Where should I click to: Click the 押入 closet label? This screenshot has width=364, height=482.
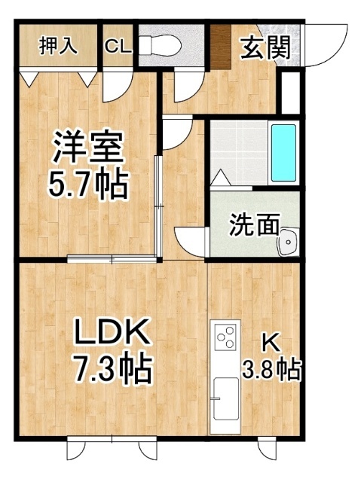58,47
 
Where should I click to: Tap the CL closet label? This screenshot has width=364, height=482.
118,47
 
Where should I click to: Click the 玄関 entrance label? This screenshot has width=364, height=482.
265,47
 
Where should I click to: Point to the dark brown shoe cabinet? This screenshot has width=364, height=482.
221,47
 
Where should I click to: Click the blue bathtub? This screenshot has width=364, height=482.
283,153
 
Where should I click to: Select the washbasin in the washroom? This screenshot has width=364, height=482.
288,242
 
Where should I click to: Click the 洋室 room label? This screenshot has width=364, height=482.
88,146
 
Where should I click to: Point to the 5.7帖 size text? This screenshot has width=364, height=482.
88,185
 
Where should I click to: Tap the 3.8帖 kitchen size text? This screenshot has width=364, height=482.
271,370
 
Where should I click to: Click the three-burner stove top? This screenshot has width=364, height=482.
225,337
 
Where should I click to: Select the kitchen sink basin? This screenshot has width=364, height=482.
226,399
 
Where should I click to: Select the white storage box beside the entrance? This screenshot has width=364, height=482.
291,93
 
